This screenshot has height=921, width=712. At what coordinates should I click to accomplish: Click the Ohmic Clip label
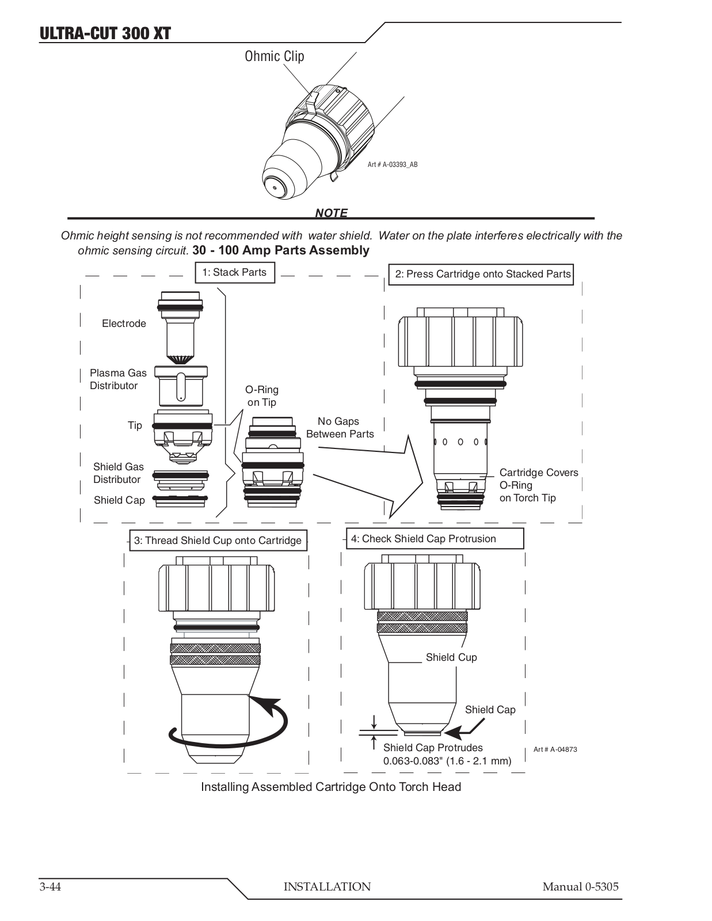click(x=274, y=56)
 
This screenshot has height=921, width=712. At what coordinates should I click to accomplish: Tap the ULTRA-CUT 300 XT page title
click(x=105, y=33)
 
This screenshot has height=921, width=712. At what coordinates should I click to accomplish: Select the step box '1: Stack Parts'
click(x=234, y=273)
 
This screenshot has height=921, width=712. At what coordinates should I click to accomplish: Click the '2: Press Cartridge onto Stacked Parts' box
click(x=482, y=274)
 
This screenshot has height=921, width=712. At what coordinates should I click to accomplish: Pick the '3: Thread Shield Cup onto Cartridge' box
click(x=218, y=541)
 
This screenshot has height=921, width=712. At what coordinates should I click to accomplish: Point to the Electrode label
click(x=124, y=324)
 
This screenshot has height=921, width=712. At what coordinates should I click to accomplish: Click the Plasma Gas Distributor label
click(x=118, y=379)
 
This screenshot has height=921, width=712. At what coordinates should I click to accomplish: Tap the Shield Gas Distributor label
click(x=118, y=473)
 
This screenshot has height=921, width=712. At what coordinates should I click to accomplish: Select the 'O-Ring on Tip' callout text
click(x=262, y=396)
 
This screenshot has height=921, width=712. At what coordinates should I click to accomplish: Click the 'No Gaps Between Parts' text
click(x=340, y=428)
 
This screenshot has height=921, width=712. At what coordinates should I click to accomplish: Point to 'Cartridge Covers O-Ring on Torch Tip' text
click(x=538, y=485)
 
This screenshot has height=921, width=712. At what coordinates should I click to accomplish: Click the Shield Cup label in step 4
click(x=451, y=657)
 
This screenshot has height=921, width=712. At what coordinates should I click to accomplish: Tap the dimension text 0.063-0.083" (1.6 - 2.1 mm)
click(x=447, y=761)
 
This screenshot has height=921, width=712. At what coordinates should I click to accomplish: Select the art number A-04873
click(x=555, y=749)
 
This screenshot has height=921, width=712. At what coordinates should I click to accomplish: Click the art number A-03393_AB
click(x=393, y=165)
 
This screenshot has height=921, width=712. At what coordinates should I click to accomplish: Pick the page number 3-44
click(x=50, y=886)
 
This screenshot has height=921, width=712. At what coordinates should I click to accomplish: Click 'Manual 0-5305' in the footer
click(x=580, y=886)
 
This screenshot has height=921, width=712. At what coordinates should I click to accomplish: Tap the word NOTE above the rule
click(x=331, y=213)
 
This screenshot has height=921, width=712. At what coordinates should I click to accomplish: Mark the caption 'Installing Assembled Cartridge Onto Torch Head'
click(x=331, y=787)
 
